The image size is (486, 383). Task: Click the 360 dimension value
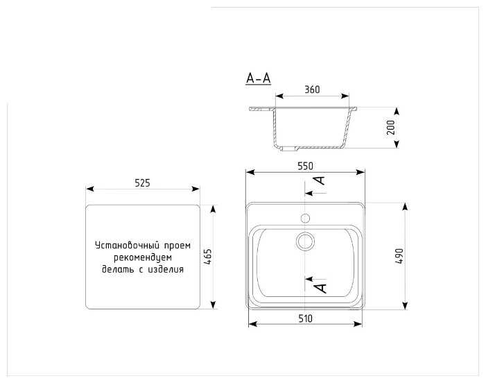pos(312,90)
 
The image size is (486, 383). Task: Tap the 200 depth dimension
pos(391,127)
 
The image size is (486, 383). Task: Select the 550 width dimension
pos(305,166)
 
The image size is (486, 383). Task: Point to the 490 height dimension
pos(399,256)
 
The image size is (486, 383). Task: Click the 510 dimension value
pos(305,318)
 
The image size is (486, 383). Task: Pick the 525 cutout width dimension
pos(142,183)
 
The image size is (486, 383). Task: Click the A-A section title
pos(258,78)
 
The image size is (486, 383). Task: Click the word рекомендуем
pos(143,257)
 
